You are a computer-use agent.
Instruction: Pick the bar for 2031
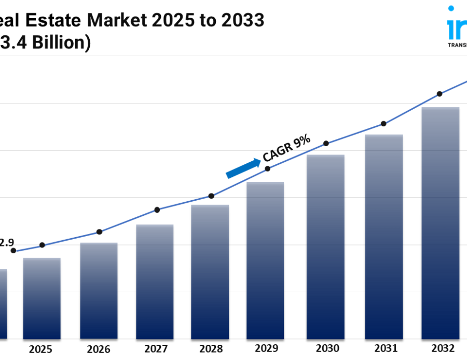coord(384,237)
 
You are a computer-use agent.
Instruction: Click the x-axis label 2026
coord(99,348)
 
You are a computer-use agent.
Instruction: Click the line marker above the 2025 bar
coord(42,245)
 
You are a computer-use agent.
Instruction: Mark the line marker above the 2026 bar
coord(100,232)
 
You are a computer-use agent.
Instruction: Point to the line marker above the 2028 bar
coord(211,196)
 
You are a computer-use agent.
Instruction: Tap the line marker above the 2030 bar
coord(326,144)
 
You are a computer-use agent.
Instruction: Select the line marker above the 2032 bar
coord(439,94)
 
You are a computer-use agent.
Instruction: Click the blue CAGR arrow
coord(243,168)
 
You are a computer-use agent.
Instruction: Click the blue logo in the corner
coord(457,23)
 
